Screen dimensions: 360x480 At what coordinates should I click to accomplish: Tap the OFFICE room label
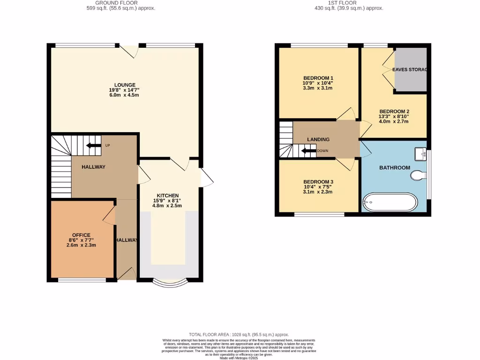(81, 235)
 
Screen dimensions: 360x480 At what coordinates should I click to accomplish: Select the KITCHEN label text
(168, 195)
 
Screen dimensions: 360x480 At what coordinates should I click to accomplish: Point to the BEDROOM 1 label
(318, 78)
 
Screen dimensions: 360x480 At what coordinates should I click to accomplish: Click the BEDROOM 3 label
(318, 182)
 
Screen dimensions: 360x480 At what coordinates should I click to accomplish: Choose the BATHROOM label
(394, 167)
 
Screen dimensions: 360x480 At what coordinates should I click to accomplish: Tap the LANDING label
(318, 139)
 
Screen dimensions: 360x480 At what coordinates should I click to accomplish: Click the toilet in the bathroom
(418, 175)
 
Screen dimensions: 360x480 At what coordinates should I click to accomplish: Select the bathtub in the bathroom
(389, 202)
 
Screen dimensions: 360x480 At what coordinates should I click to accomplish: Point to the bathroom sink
(420, 153)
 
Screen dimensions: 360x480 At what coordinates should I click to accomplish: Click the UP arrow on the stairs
(94, 145)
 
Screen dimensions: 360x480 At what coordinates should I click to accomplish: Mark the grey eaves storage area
(410, 69)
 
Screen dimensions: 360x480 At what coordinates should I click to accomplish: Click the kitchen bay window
(170, 283)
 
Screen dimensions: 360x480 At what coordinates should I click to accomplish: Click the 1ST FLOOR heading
(348, 3)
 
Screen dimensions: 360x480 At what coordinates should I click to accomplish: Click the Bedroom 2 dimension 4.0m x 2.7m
(394, 122)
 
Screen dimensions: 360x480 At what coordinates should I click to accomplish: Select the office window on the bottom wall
(82, 280)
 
